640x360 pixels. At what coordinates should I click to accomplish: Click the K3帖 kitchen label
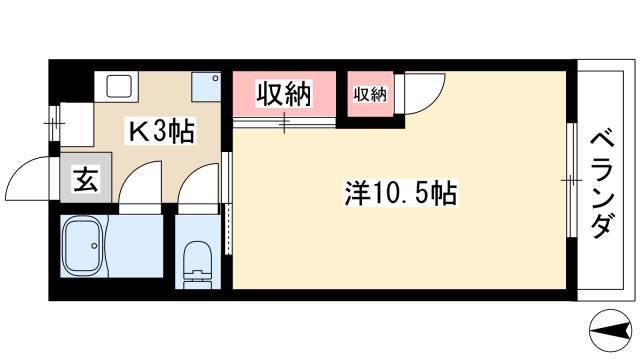coord(161,131)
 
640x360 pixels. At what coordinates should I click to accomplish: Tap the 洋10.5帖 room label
coord(400,193)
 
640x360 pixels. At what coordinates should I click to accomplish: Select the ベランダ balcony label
coord(602,185)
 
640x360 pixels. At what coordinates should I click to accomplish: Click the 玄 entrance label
coord(86,180)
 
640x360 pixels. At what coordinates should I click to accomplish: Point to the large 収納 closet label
coord(284,94)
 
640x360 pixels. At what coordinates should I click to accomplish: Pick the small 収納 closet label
coord(370,95)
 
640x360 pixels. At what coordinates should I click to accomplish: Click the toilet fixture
coord(198,261)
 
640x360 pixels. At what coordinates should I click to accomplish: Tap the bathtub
coord(83,246)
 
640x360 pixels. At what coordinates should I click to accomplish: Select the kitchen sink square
coord(118,86)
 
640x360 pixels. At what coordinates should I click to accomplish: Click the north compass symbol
coord(610,330)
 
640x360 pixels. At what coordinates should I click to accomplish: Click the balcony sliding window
coord(571,180)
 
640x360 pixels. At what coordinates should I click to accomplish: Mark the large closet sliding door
coord(284,122)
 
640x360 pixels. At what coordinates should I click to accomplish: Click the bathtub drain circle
coord(95,246)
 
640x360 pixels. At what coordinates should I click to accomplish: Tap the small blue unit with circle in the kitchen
coord(206,87)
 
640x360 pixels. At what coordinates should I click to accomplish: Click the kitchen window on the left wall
coord(54,123)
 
